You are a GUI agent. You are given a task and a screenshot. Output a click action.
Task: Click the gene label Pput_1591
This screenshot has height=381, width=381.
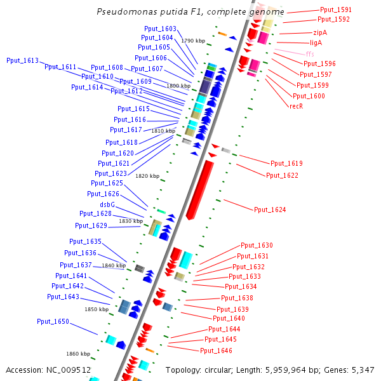coord(335,10)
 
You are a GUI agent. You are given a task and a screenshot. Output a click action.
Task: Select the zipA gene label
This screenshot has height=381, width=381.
coord(320,32)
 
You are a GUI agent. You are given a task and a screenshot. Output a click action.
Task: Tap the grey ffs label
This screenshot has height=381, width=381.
coord(310,54)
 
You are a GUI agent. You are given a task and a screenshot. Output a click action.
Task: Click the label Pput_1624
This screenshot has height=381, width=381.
coord(270,210)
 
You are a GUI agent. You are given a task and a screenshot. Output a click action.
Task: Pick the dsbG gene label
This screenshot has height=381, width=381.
coord(107,204)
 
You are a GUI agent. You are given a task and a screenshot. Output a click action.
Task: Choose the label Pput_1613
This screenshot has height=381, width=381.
coord(22,61)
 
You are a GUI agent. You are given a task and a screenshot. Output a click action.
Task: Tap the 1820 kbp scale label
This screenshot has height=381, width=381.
coord(147,176)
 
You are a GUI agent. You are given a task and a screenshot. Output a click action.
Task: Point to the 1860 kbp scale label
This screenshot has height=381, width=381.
coord(78,354)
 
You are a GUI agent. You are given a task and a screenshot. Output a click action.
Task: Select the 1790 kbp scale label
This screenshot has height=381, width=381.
coord(193,41)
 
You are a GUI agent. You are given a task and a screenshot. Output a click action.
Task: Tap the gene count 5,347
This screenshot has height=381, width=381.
coord(361,370)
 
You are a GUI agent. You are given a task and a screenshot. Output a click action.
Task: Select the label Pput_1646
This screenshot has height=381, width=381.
coord(216,351)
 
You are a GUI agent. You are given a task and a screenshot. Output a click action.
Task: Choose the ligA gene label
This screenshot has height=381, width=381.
coord(316,43)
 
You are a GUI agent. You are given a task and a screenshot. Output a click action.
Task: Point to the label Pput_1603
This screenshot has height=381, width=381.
coord(160,29)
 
